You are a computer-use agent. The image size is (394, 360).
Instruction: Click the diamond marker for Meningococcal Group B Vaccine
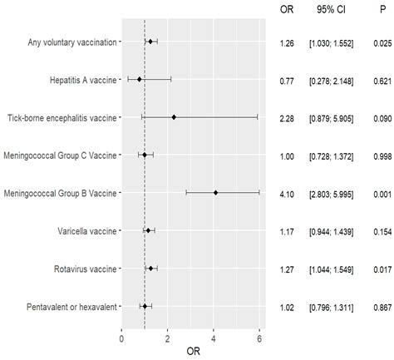(x=215, y=192)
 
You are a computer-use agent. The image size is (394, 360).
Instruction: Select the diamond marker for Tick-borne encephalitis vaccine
(x=174, y=116)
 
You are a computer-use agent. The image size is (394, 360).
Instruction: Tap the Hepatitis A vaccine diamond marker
(x=140, y=79)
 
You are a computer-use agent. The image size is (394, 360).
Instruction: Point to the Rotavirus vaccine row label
(x=80, y=268)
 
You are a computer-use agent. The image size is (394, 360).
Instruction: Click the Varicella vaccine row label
(x=81, y=230)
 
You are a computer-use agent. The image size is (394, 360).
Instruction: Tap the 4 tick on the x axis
(x=214, y=338)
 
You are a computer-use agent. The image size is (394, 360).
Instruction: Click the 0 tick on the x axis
(x=122, y=338)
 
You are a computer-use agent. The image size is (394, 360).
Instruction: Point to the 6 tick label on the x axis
(x=259, y=338)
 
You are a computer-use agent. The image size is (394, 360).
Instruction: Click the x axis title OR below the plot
(x=193, y=352)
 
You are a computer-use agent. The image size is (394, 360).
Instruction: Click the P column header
(x=377, y=9)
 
